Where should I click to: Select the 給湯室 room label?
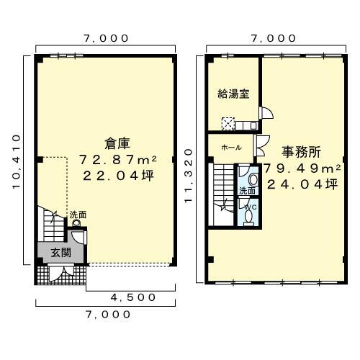233,94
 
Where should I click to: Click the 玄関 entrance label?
60,253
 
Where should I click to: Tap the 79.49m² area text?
300,168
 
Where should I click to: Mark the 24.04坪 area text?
302,184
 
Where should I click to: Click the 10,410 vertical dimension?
17,161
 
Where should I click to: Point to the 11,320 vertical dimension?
189,176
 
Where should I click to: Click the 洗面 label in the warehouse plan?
78,215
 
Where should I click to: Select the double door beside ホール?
261,146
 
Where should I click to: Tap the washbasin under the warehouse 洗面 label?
76,223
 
